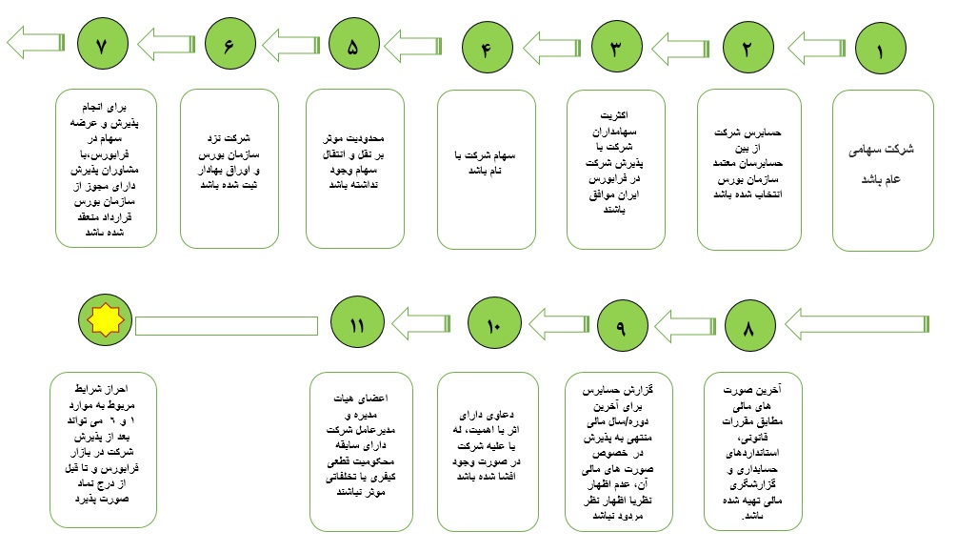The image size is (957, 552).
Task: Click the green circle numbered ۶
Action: tap(229, 46)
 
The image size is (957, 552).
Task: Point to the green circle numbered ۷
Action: tap(104, 46)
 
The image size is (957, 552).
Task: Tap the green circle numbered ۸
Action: tap(748, 327)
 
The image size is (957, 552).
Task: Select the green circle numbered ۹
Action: tap(620, 327)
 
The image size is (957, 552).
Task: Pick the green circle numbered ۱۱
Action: tap(357, 325)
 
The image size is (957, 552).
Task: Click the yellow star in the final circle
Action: tap(107, 321)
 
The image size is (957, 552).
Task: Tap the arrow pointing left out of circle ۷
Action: tap(33, 43)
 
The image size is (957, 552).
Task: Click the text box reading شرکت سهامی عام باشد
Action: tap(883, 170)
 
